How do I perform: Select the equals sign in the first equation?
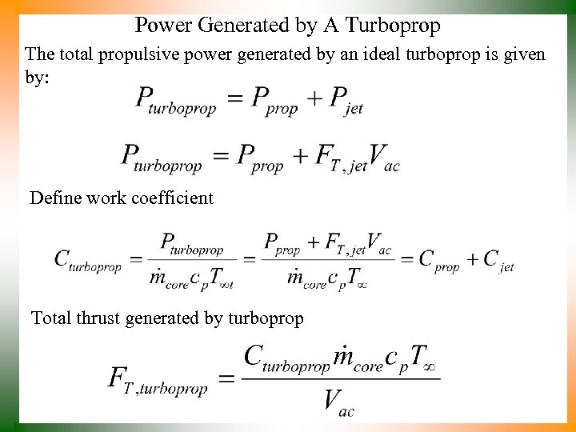(x=233, y=98)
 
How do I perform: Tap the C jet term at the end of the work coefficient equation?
(x=498, y=260)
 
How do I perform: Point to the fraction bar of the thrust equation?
(x=340, y=378)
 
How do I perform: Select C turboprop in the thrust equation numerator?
(x=286, y=357)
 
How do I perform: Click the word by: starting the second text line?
(x=37, y=78)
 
